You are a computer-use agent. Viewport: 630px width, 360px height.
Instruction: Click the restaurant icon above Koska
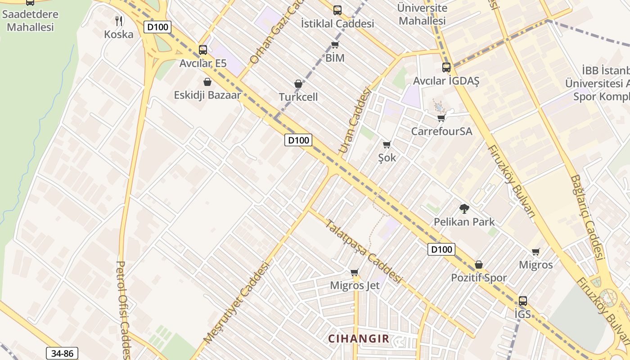coord(119,20)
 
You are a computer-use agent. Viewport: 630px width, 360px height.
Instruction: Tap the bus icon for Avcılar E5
coord(203,49)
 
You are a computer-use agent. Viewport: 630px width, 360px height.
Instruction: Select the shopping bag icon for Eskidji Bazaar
coord(207,82)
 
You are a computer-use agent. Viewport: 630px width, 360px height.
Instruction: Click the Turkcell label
coord(298,97)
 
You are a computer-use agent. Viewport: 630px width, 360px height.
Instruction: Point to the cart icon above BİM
coord(335,45)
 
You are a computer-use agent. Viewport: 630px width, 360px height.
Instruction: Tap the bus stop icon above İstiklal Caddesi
coord(337,10)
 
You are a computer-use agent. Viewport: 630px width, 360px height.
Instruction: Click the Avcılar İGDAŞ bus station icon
coord(446,67)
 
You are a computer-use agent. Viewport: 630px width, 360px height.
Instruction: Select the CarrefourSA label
coord(441,131)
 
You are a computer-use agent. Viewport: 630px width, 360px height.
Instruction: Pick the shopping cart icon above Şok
coord(387,144)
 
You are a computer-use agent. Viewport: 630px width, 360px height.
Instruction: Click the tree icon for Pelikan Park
coord(464,208)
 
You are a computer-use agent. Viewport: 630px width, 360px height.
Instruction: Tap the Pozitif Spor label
coord(479,278)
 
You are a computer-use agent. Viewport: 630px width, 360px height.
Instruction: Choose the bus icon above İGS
coord(522,301)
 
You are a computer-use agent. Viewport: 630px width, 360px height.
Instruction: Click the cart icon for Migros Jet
coord(355,272)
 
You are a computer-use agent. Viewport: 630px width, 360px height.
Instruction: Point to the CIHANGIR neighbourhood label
coord(358,338)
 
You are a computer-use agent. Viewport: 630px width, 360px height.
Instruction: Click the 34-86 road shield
coord(62,353)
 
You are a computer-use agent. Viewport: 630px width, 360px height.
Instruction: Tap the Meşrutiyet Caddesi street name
coord(236,302)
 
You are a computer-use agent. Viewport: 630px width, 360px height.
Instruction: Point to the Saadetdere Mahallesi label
coord(31,20)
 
